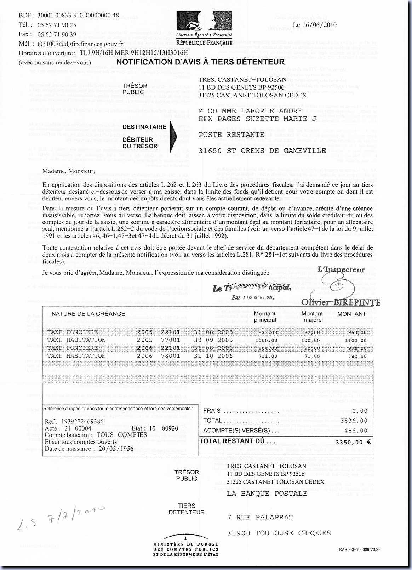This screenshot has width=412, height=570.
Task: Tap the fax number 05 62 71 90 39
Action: [x=57, y=34]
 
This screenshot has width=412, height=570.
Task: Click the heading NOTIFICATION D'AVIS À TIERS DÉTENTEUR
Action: [x=200, y=62]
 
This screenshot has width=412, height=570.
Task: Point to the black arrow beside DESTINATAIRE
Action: [x=173, y=136]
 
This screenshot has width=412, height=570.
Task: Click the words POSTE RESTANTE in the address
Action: [x=231, y=135]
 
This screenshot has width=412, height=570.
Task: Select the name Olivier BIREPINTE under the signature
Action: [x=341, y=302]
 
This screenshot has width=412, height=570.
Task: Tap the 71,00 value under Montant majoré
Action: [x=312, y=357]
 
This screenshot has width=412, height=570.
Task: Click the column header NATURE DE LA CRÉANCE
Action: [x=88, y=314]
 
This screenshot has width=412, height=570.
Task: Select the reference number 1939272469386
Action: [x=82, y=421]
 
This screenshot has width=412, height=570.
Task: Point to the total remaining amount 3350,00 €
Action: [x=353, y=442]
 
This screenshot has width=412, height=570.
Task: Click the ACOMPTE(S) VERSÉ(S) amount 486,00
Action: [x=358, y=431]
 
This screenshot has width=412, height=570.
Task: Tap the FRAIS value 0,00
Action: [x=360, y=411]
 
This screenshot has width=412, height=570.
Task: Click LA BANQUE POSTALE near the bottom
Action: [x=267, y=494]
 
